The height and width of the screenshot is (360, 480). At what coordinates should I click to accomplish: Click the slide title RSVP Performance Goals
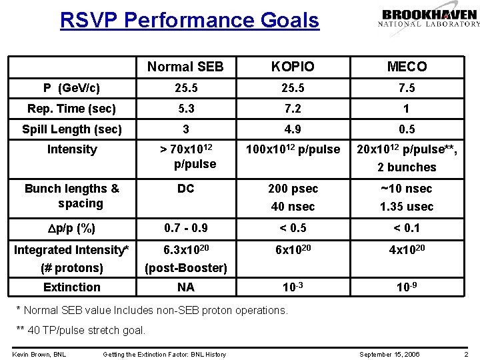coord(189,20)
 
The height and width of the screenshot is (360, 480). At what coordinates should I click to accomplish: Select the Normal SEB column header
coord(185,67)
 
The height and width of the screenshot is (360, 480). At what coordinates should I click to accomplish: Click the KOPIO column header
coord(292,67)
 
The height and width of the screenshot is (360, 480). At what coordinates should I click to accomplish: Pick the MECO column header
coord(407,67)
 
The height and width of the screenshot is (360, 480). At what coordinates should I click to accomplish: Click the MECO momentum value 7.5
coord(407,88)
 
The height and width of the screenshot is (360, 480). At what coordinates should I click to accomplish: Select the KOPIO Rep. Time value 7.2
coord(292,108)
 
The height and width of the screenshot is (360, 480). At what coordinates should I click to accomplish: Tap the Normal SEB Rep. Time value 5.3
coord(185,108)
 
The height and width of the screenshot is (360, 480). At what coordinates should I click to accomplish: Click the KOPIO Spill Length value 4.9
coord(292,129)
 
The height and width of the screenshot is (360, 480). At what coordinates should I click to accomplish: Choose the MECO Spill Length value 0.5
coord(407,129)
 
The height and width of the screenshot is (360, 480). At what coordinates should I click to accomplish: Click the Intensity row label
coord(72,149)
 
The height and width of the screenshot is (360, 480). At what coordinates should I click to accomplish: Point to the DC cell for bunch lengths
coord(185,189)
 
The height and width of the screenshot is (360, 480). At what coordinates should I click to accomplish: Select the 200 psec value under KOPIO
coord(292,189)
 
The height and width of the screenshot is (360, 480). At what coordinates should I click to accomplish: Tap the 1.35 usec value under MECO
coord(407,207)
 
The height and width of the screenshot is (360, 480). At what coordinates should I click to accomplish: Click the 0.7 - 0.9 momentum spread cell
coord(185,228)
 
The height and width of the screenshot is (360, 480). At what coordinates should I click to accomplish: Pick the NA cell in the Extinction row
coord(185,287)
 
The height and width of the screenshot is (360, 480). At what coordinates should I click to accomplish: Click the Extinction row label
coord(72,287)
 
